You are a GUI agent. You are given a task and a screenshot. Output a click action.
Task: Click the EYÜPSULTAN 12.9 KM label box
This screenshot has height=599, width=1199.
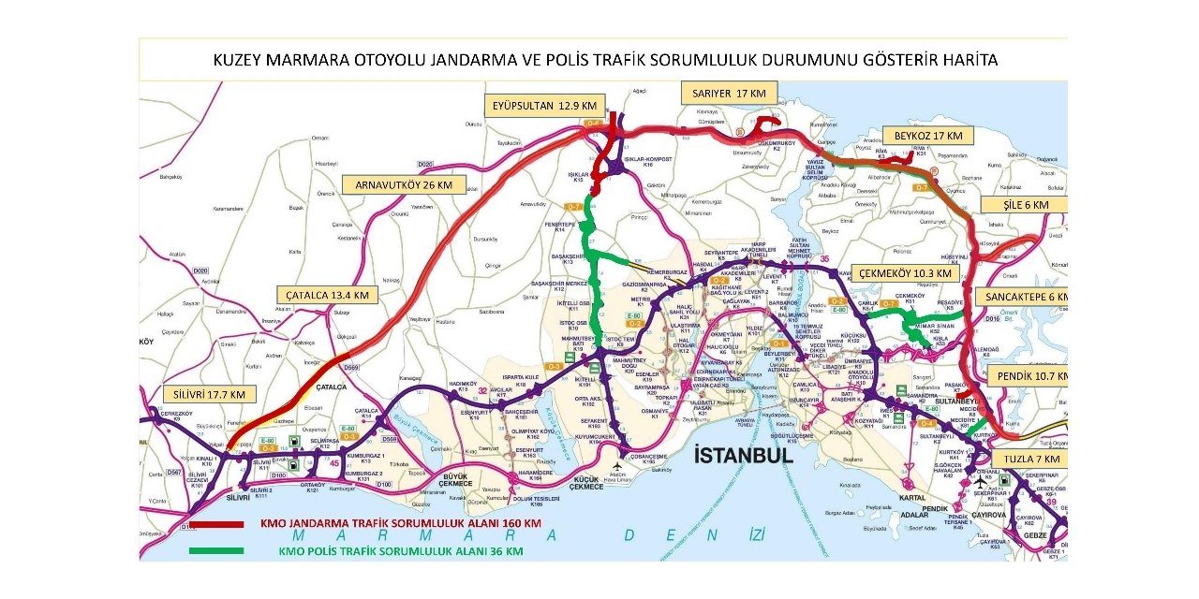(x=544, y=106)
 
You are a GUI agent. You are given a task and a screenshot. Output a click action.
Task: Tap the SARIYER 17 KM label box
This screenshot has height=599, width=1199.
(x=729, y=93)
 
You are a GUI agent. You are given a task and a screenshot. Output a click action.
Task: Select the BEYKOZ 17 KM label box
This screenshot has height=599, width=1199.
(x=926, y=136)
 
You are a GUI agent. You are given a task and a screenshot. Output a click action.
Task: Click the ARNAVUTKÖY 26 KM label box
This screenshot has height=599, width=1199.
(x=403, y=185)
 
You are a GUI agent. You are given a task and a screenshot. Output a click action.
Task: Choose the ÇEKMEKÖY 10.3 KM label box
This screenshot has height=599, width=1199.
(x=906, y=273)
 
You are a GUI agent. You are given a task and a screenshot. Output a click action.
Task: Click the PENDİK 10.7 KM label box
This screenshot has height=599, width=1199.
(x=1027, y=375)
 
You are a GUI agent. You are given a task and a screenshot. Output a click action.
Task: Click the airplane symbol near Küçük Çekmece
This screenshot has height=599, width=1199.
(x=618, y=466)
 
